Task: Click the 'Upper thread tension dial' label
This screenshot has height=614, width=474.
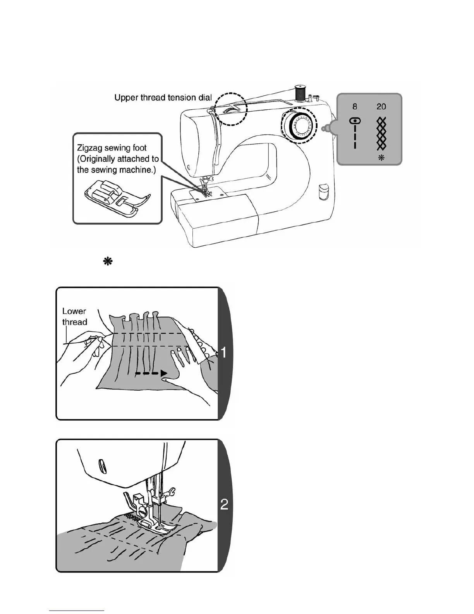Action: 163,97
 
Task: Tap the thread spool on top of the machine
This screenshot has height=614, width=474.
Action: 299,93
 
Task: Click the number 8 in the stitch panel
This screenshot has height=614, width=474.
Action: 355,107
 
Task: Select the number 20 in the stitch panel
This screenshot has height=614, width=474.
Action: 381,107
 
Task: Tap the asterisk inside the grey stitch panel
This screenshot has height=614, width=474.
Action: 381,158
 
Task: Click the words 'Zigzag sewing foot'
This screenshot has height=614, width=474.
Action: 112,148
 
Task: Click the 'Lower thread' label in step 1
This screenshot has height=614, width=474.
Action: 74,316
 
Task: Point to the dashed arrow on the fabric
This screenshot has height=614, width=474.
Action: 151,374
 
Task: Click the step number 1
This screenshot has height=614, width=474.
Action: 224,352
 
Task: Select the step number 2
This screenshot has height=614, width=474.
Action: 224,504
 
